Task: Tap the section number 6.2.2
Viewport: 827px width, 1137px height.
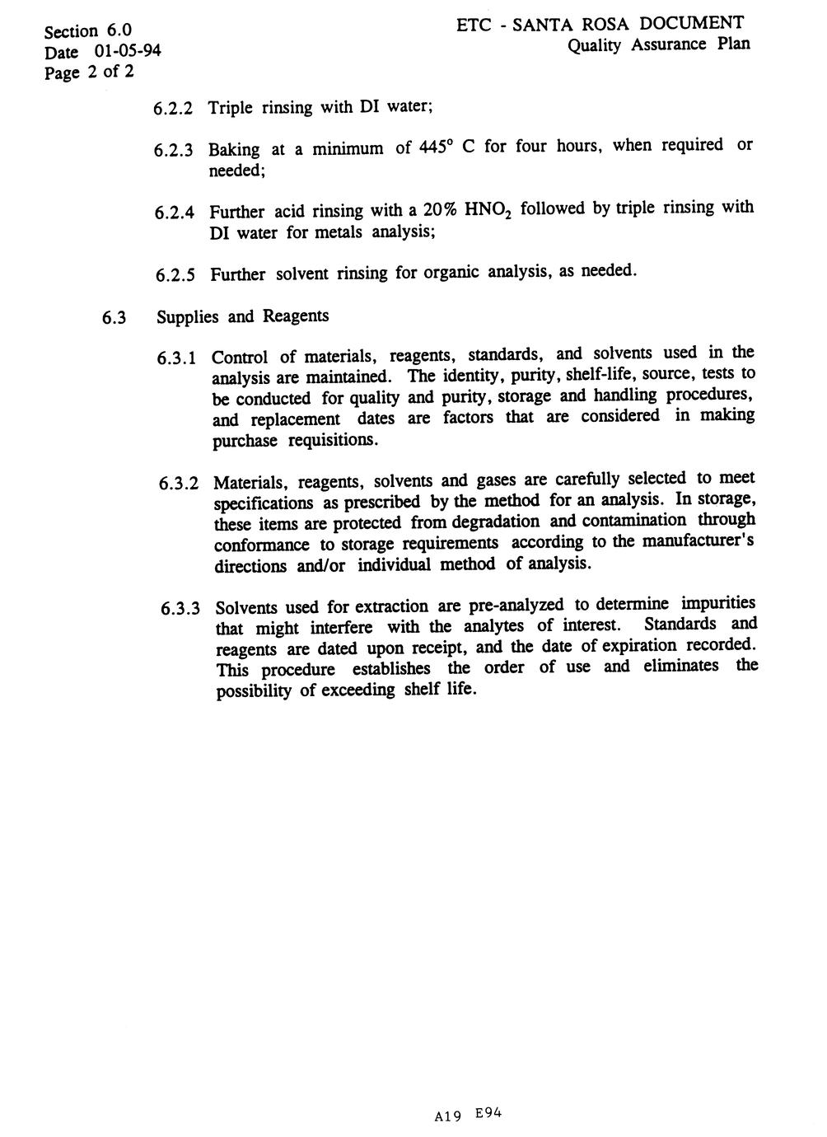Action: point(173,109)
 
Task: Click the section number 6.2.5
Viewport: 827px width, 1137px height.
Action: point(175,274)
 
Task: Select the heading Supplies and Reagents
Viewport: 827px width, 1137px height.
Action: point(242,316)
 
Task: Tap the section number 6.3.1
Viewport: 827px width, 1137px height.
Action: point(177,358)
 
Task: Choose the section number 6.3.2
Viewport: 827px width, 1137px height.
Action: point(179,483)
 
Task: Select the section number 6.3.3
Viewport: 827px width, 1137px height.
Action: point(180,610)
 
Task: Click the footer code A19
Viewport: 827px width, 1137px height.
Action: point(447,1116)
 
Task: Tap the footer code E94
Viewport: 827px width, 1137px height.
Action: point(488,1113)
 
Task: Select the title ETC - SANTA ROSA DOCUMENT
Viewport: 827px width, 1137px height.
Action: point(600,24)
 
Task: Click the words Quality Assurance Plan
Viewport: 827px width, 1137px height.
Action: point(658,44)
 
